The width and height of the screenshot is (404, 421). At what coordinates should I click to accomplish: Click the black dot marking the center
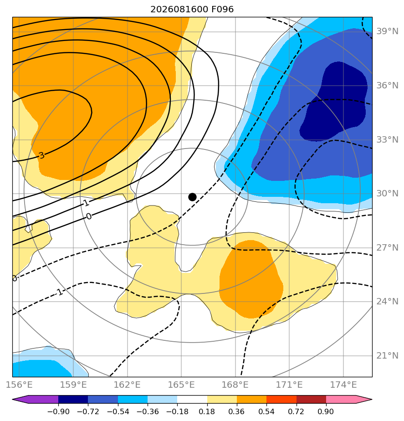coord(192,197)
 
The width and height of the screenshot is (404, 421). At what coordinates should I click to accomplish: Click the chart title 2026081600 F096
coord(192,10)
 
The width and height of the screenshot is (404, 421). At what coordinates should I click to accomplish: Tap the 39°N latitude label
coord(387,31)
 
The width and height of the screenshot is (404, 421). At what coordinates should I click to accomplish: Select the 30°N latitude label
coord(387,193)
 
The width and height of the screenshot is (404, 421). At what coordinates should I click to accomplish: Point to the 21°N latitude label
coord(387,356)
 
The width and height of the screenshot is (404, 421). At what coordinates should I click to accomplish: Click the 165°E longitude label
coord(181,385)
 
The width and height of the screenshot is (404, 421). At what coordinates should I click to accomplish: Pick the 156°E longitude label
coord(19,385)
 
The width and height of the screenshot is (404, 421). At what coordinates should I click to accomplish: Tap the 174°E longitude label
coord(343,385)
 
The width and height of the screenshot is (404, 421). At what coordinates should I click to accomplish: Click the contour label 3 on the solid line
coord(41,155)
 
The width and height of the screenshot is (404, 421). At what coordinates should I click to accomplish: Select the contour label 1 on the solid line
coord(86,203)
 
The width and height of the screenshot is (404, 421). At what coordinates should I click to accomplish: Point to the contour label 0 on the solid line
coord(89,216)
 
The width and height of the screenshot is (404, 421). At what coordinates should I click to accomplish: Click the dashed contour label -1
coord(60,292)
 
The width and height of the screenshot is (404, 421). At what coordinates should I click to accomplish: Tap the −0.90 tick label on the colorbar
coord(58,411)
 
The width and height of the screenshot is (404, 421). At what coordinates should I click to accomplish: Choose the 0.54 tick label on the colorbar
coord(266,411)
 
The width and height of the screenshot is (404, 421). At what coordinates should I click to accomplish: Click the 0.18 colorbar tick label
coord(207,411)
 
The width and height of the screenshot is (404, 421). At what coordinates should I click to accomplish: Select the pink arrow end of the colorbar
coord(363,399)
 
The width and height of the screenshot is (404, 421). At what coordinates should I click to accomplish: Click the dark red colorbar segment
coord(311,399)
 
